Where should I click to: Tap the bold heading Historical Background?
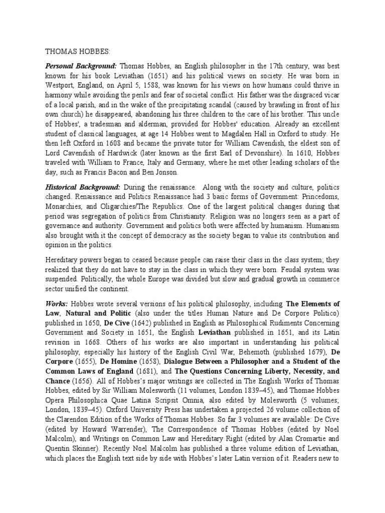82,187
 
